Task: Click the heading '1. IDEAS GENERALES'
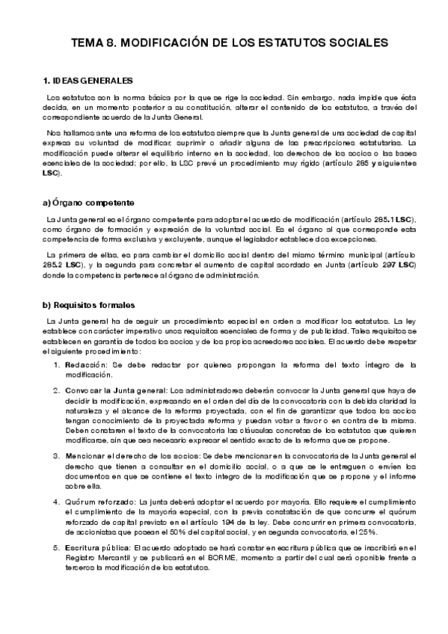tap(88, 80)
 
